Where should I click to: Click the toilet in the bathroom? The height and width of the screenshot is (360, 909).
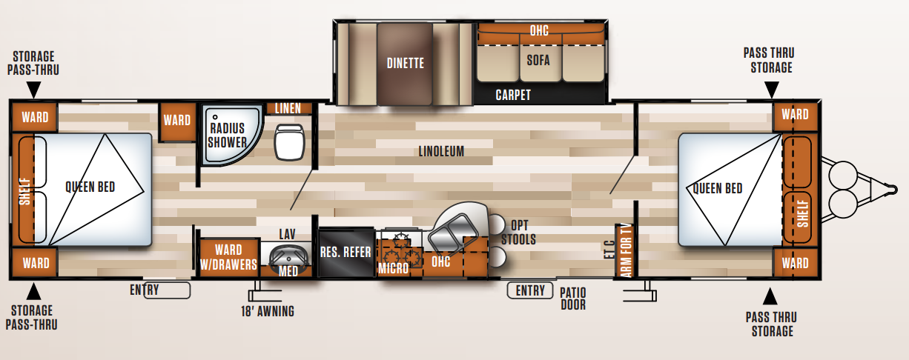click(289, 142)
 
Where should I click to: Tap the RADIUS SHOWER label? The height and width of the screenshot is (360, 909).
click(227, 136)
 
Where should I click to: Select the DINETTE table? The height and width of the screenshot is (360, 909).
click(405, 63)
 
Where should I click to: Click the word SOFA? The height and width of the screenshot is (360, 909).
click(538, 61)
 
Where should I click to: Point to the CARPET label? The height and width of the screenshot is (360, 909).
click(513, 95)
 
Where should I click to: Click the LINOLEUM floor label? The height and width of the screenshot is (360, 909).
click(441, 152)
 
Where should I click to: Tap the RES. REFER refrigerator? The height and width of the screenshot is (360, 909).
click(346, 253)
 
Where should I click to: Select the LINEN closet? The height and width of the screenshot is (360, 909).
click(288, 108)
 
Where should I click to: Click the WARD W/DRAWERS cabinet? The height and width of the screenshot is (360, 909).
click(229, 258)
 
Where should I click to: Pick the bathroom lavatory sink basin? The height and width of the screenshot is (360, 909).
click(288, 256)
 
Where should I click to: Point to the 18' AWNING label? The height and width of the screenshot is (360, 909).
click(268, 311)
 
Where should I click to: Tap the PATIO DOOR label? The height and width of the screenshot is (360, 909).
click(573, 299)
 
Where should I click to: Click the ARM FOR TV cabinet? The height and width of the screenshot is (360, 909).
click(625, 250)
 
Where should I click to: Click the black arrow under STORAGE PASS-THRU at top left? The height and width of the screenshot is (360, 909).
click(33, 89)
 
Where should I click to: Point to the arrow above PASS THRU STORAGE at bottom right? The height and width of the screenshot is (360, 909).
click(770, 296)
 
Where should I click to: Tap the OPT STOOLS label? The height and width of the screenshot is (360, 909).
click(518, 233)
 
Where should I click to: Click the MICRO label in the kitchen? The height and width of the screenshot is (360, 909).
click(393, 268)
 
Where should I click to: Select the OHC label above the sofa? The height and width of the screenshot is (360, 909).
click(539, 30)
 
